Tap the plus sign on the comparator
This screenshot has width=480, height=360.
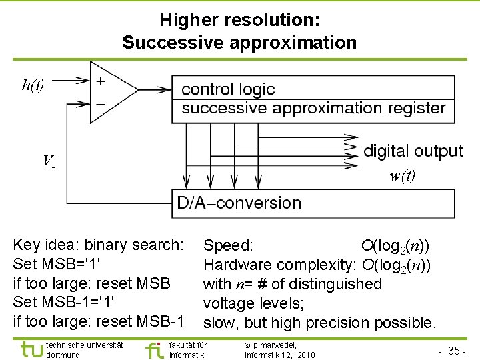pyautogui.click(x=100, y=81)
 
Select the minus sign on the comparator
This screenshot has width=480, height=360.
pyautogui.click(x=100, y=104)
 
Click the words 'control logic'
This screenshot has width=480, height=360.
pyautogui.click(x=228, y=89)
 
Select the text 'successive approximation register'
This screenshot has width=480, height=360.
pyautogui.click(x=313, y=108)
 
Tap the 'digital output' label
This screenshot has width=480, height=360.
pyautogui.click(x=413, y=151)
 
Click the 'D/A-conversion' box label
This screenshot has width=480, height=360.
pyautogui.click(x=239, y=203)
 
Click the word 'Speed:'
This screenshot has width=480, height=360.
pyautogui.click(x=228, y=245)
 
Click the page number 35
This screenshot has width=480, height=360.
pyautogui.click(x=455, y=351)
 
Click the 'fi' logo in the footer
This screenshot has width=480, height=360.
pyautogui.click(x=153, y=349)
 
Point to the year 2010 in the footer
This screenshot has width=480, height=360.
pyautogui.click(x=307, y=355)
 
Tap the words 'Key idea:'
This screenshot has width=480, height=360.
pyautogui.click(x=43, y=245)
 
